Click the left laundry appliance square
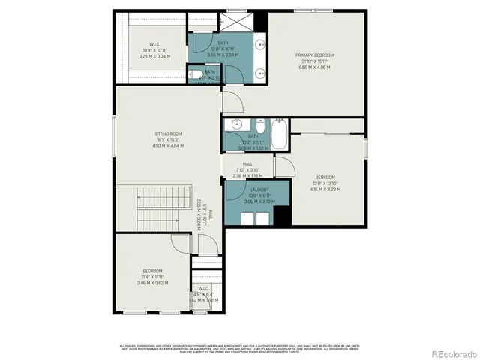click(247, 218)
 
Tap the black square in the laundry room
click(281, 215)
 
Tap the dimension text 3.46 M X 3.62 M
click(152, 283)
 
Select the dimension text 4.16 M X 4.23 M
click(325, 190)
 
